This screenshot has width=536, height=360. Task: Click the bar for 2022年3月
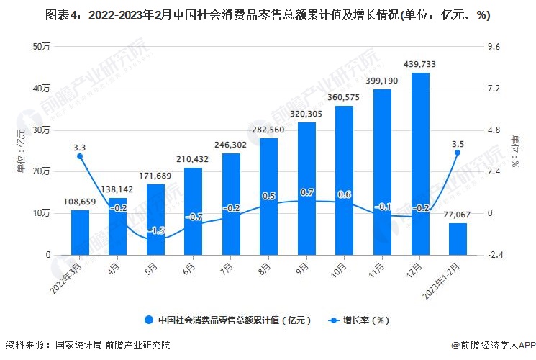click(80, 232)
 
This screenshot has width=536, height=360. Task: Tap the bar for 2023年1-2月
click(458, 239)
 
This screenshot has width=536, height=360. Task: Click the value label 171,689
click(155, 176)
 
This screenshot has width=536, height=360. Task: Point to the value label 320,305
click(306, 114)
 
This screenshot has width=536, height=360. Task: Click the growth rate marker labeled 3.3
click(80, 156)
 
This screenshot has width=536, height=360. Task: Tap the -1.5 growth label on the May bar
click(155, 230)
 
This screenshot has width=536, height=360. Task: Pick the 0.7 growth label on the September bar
click(306, 193)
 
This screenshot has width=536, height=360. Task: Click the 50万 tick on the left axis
click(40, 47)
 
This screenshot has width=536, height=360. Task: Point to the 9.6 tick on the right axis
click(494, 47)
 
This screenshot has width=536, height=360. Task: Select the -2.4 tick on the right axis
click(496, 255)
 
